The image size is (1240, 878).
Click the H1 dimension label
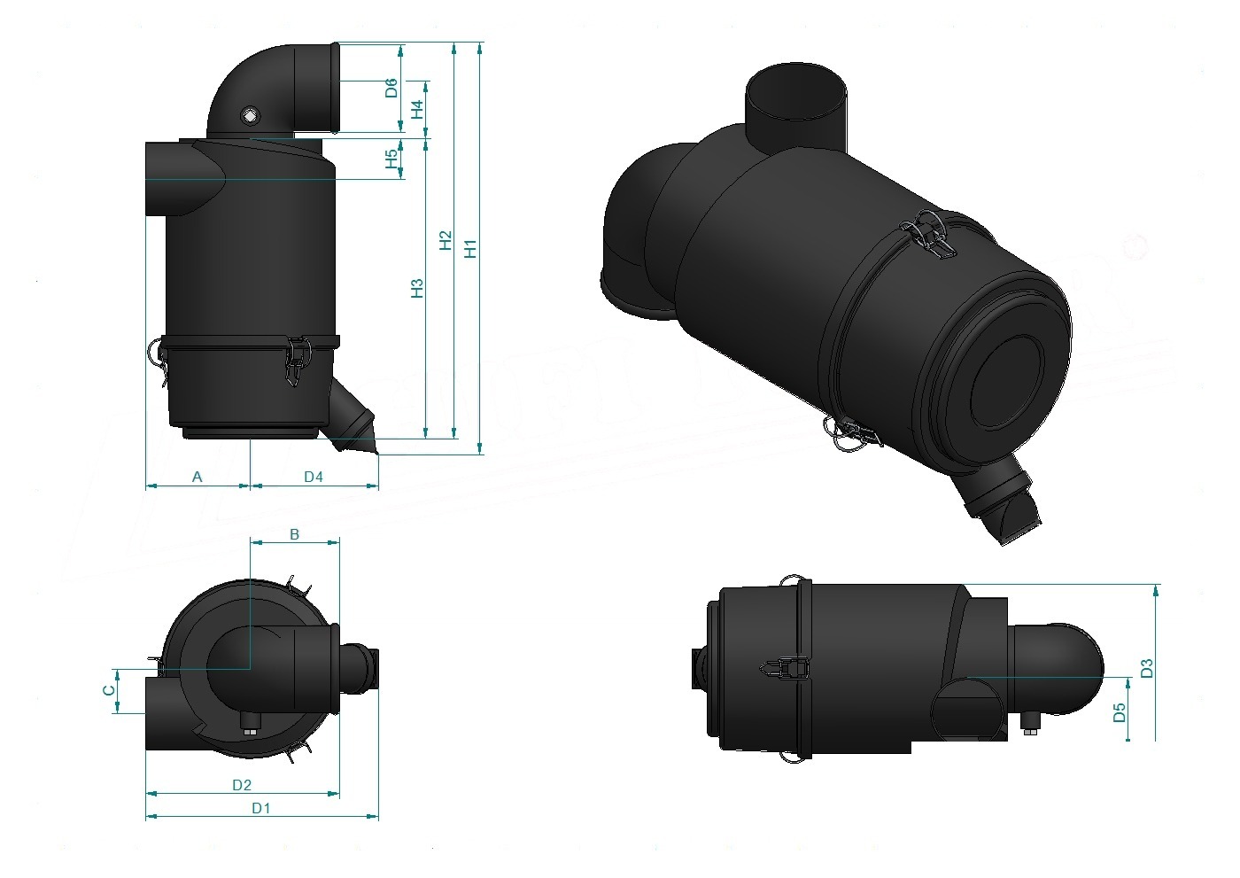pyautogui.click(x=470, y=249)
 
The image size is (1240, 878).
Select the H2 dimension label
pyautogui.click(x=446, y=240)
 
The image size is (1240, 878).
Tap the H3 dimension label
pyautogui.click(x=417, y=289)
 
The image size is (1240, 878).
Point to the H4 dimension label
pyautogui.click(x=417, y=109)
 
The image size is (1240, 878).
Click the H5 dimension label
pyautogui.click(x=391, y=159)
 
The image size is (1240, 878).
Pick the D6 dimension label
pyautogui.click(x=391, y=88)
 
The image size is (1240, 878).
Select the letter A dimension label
pyautogui.click(x=197, y=477)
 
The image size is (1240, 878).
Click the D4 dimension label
pyautogui.click(x=314, y=477)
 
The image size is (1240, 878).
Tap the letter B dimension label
pyautogui.click(x=294, y=534)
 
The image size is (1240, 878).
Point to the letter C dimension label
pyautogui.click(x=109, y=690)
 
